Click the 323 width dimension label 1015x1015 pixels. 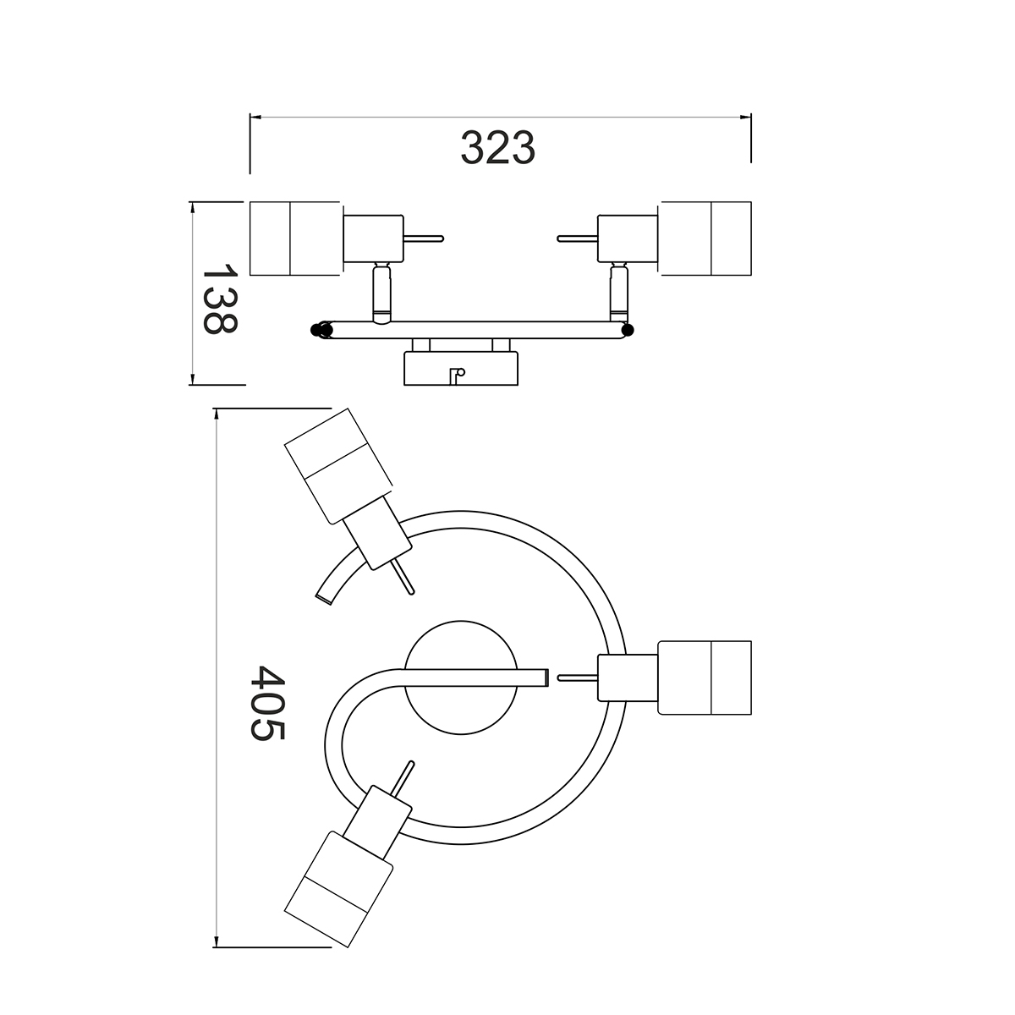(497, 147)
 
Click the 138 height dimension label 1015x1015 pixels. (220, 299)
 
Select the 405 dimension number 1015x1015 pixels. (267, 703)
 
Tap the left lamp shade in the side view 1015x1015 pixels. (295, 239)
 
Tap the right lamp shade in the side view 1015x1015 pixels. (705, 239)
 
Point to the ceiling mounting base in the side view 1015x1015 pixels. (461, 368)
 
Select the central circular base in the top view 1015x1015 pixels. (461, 678)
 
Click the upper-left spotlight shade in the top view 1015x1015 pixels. (338, 466)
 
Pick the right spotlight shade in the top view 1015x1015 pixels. (705, 678)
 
